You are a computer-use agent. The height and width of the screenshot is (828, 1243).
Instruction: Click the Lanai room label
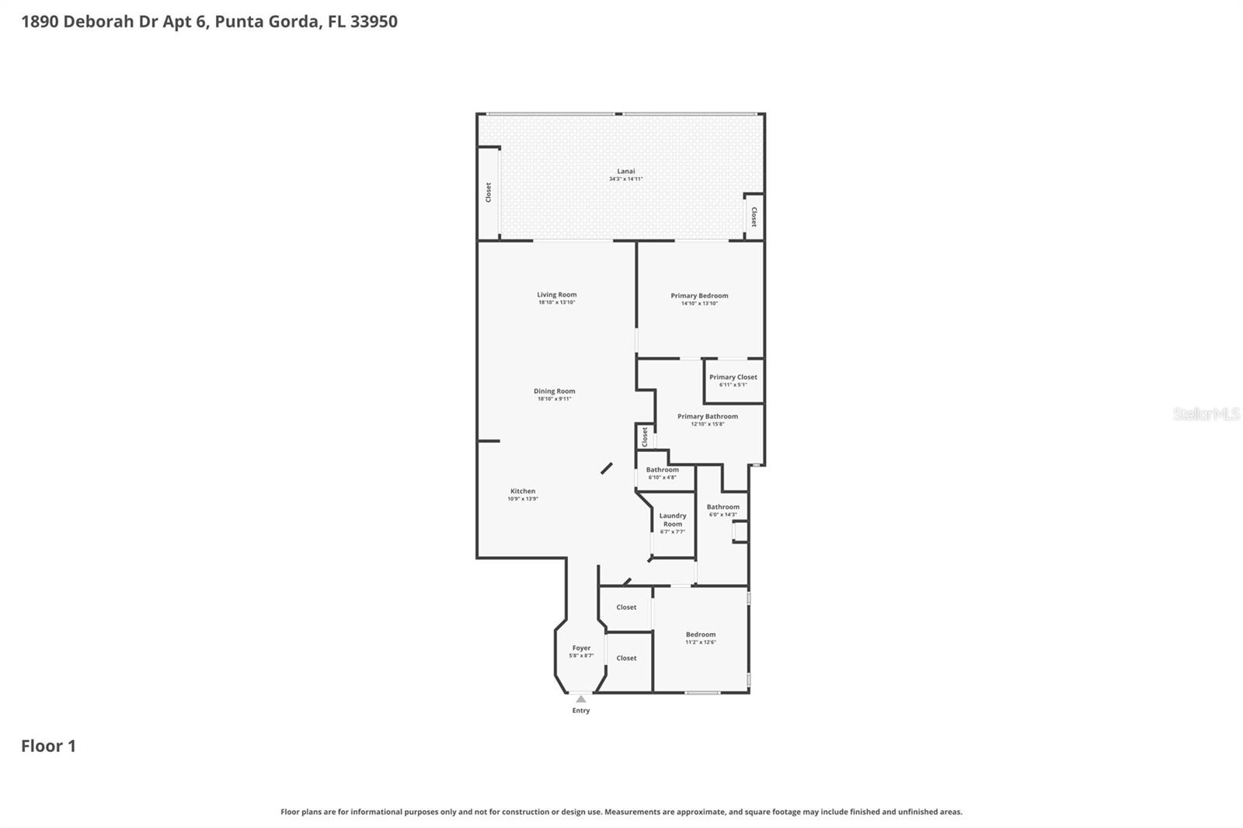coord(625,171)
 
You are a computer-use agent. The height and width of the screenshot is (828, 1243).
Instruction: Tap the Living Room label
coord(556,294)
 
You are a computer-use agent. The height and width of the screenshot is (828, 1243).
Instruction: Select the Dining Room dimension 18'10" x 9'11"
coord(554,399)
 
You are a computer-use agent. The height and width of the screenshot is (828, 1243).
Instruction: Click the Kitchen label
coord(522,491)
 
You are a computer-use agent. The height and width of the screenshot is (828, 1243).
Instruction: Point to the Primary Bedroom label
coord(699,295)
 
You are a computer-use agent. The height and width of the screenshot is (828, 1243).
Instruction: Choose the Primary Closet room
coord(733,380)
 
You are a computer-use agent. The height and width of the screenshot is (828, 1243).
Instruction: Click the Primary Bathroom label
coord(707,416)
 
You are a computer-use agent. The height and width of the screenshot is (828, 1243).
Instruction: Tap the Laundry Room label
coord(672,520)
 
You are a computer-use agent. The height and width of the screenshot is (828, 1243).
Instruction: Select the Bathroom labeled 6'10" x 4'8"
coord(662,473)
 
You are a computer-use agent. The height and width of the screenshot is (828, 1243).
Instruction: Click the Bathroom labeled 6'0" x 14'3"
coord(722,510)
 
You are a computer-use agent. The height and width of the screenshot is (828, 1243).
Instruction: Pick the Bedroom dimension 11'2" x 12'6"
coord(700,642)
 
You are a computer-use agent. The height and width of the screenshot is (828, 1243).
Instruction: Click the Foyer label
coord(581,648)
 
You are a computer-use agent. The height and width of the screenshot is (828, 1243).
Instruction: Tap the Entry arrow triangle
coord(580,699)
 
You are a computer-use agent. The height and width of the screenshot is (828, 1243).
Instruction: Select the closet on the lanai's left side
coord(488,192)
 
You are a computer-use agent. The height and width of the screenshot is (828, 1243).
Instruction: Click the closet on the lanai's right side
coord(753,216)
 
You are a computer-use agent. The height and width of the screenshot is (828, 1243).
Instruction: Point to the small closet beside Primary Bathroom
coord(644,437)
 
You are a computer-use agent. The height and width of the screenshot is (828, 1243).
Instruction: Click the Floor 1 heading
coord(48,746)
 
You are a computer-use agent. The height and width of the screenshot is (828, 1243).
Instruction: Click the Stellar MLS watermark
coord(1206,414)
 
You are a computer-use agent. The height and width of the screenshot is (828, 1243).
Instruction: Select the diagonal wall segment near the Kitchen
coord(606,468)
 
